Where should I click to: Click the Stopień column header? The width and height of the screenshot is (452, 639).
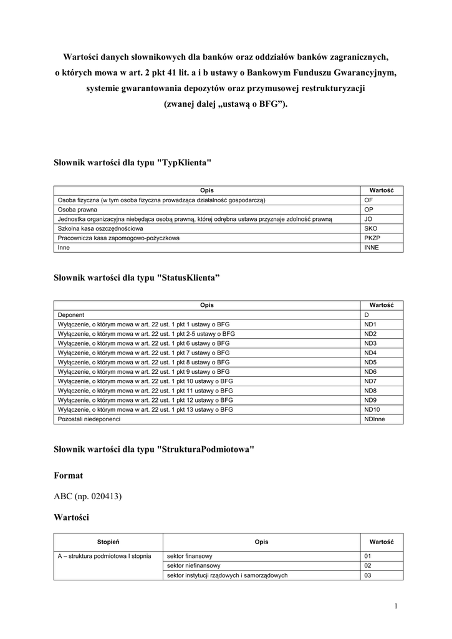pyautogui.click(x=108, y=542)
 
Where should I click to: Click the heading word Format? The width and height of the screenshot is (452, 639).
pyautogui.click(x=68, y=476)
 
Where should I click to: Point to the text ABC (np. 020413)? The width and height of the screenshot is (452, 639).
pyautogui.click(x=87, y=496)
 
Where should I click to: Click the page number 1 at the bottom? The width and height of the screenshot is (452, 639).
pyautogui.click(x=396, y=606)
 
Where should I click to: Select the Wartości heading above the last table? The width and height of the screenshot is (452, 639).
pyautogui.click(x=72, y=517)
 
